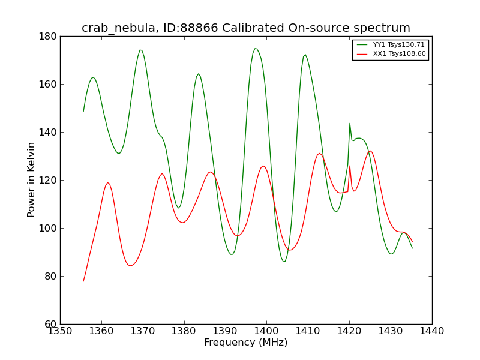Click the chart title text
pyautogui.click(x=246, y=28)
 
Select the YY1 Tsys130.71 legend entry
pyautogui.click(x=391, y=44)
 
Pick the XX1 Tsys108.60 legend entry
pyautogui.click(x=391, y=53)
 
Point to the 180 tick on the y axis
pyautogui.click(x=48, y=37)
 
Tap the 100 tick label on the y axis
pyautogui.click(x=48, y=229)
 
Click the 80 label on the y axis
pyautogui.click(x=51, y=277)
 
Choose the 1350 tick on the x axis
pyautogui.click(x=61, y=331)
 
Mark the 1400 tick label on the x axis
pyautogui.click(x=266, y=331)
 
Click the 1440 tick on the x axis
pyautogui.click(x=432, y=331)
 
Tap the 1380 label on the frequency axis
pyautogui.click(x=184, y=331)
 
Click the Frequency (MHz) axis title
pyautogui.click(x=246, y=342)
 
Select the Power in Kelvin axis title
pyautogui.click(x=31, y=180)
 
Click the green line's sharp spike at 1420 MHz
pyautogui.click(x=350, y=124)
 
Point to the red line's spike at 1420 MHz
pyautogui.click(x=350, y=166)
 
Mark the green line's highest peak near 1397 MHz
pyautogui.click(x=256, y=49)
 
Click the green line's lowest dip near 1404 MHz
pyautogui.click(x=283, y=262)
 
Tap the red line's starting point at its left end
pyautogui.click(x=83, y=281)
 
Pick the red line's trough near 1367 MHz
pyautogui.click(x=130, y=266)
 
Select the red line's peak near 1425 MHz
pyautogui.click(x=370, y=151)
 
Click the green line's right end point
pyautogui.click(x=412, y=248)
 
